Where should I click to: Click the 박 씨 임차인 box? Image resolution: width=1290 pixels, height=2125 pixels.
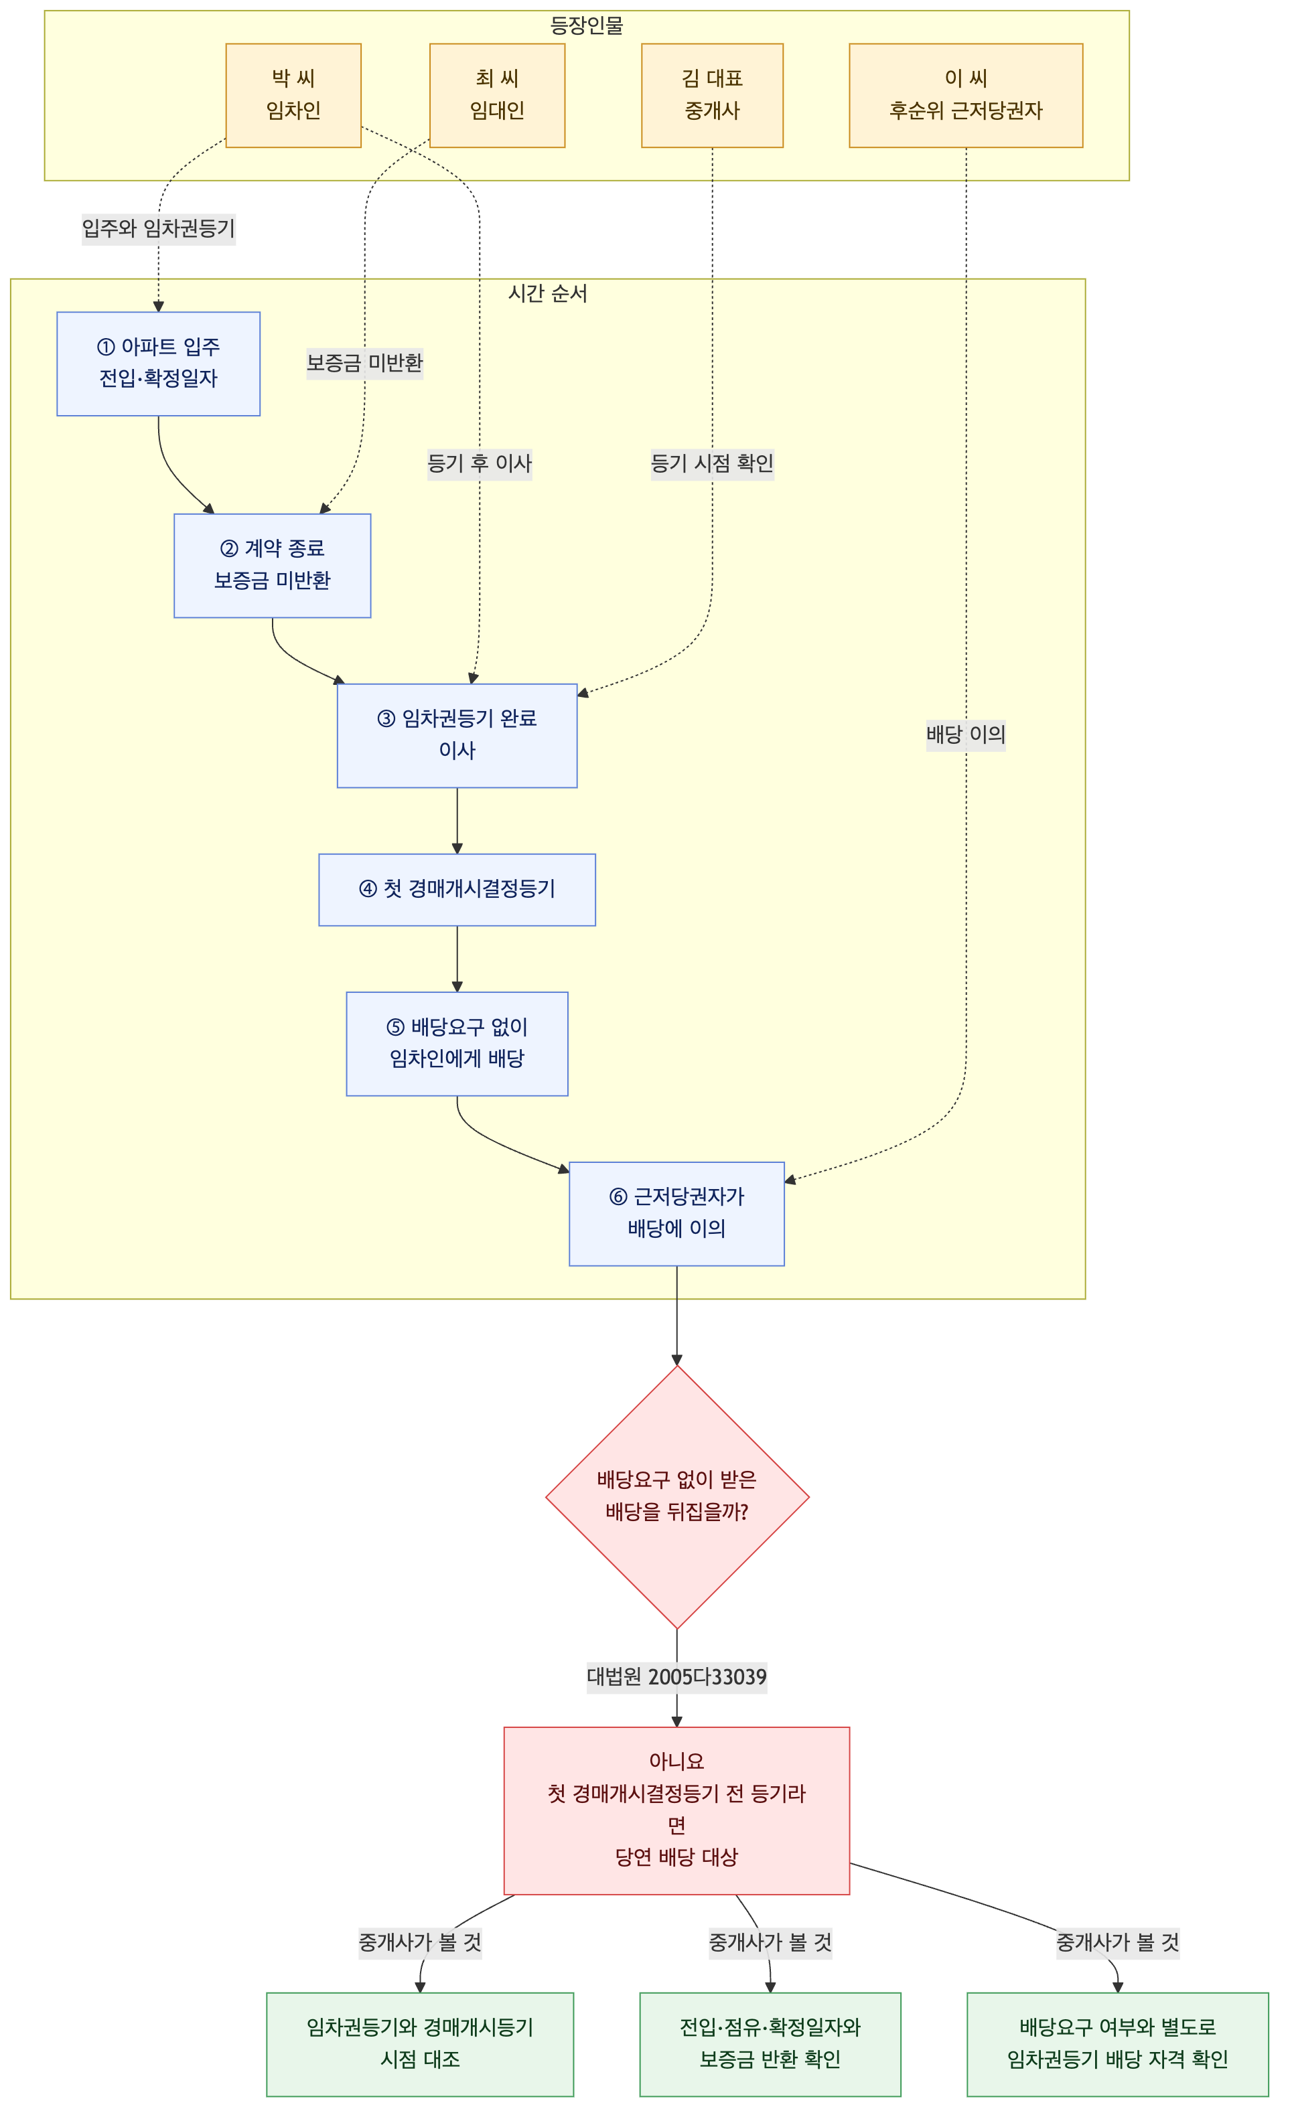coord(293,96)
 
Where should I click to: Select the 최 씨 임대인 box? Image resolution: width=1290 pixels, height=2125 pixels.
coord(497,96)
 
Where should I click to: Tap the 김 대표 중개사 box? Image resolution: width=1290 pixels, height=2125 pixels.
coord(712,96)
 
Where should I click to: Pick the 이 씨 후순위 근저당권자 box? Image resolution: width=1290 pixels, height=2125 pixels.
coord(966,96)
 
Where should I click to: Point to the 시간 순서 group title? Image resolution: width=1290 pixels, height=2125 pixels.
coord(548,293)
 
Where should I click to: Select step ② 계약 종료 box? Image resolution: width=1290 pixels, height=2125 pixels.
coord(273,566)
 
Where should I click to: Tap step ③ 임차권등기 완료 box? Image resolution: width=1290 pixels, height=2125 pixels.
coord(457,736)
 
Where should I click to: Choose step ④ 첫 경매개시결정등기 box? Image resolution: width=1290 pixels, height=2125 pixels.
coord(457,890)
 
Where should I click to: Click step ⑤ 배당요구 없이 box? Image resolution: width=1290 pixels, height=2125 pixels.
coord(457,1044)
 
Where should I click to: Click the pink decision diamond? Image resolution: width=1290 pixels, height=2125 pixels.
coord(677,1496)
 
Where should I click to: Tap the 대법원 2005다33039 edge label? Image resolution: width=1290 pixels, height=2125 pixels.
coord(676,1676)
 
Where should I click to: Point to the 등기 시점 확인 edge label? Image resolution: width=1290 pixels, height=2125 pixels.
coord(712,464)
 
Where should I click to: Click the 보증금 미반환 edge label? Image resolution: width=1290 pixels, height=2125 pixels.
coord(365,363)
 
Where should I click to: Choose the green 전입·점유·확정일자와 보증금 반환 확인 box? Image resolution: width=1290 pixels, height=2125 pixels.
coord(770,2044)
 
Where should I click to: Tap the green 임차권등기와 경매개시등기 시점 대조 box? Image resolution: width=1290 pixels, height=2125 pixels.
coord(420,2044)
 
